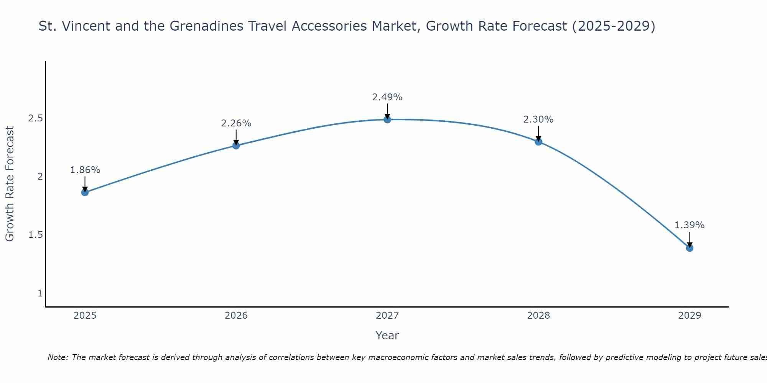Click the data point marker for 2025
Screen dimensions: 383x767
[x=85, y=192]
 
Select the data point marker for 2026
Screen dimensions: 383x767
[x=236, y=146]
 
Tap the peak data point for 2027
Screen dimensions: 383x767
[x=387, y=119]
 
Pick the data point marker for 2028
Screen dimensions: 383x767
[x=538, y=142]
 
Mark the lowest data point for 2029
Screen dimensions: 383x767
[x=690, y=248]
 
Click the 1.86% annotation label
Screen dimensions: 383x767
[x=85, y=170]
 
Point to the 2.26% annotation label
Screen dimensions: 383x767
[x=236, y=123]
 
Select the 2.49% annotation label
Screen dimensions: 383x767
[x=387, y=97]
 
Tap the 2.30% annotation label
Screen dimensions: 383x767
[x=538, y=119]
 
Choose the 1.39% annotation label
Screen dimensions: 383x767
[x=690, y=225]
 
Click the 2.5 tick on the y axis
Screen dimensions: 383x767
[x=35, y=118]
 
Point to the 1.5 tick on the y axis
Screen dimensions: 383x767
[x=35, y=235]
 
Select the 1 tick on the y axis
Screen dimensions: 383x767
[x=40, y=293]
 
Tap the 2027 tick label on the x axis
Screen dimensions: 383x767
[x=387, y=316]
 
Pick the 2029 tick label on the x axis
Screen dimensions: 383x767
[x=690, y=316]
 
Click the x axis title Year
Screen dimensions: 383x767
[x=387, y=336]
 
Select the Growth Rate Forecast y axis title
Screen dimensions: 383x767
[x=10, y=184]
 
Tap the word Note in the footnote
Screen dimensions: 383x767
[x=58, y=357]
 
